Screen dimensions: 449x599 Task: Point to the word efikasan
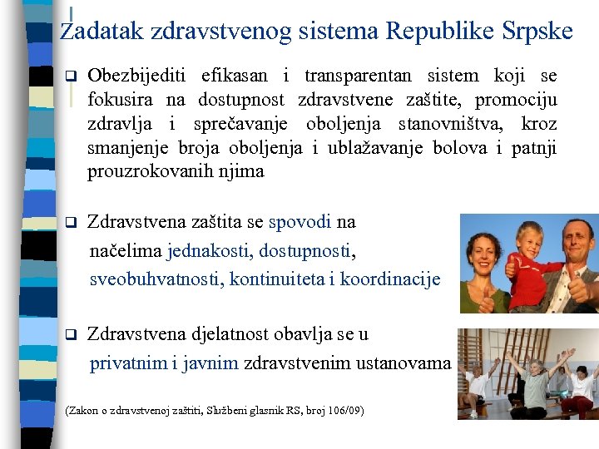[x=235, y=76]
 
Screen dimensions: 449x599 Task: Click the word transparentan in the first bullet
[x=358, y=76]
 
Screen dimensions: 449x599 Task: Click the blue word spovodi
[x=300, y=222]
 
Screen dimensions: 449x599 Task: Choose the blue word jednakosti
[x=212, y=249]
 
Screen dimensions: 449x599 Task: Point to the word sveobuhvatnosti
[x=156, y=279]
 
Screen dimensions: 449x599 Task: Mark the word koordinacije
[x=390, y=279]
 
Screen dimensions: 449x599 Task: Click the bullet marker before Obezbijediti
[x=71, y=76]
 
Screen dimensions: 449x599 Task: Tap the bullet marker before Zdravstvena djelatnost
[x=71, y=335]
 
